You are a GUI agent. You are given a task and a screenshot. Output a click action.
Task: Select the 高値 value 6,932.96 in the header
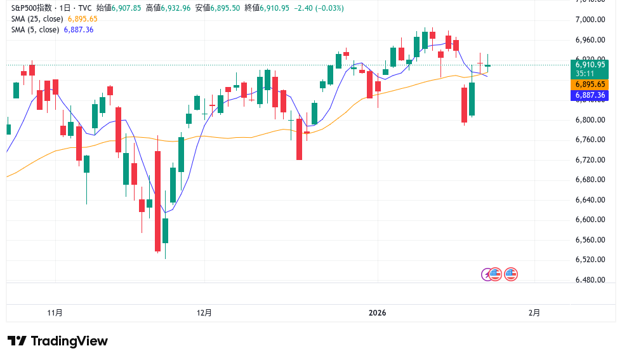click(x=176, y=8)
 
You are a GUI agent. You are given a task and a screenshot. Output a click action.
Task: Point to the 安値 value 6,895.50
click(x=225, y=8)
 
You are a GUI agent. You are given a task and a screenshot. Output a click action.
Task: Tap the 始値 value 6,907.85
click(x=127, y=8)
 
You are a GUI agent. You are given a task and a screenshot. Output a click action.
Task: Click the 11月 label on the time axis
click(x=55, y=312)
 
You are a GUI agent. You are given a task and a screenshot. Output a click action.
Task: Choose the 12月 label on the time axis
click(x=204, y=312)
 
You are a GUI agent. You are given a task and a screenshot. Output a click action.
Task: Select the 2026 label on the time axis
click(x=378, y=312)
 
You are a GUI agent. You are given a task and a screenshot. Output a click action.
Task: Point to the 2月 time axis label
click(x=535, y=312)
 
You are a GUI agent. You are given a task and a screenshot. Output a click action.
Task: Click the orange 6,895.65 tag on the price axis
click(x=590, y=84)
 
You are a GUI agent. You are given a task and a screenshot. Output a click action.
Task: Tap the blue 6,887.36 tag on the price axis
click(x=590, y=95)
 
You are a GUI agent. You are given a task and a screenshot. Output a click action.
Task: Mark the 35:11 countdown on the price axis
click(x=585, y=73)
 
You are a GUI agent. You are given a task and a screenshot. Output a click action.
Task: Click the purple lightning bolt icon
click(x=487, y=274)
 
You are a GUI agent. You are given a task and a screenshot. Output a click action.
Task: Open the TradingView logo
click(x=58, y=341)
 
